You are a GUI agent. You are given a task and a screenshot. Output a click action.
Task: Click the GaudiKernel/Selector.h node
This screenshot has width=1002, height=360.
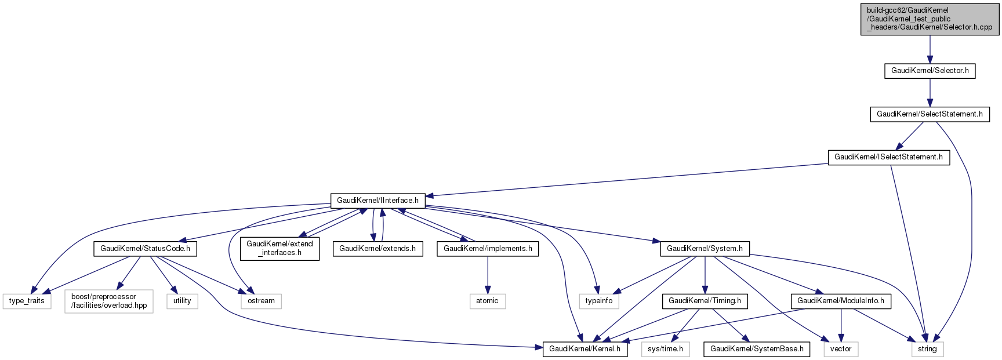pos(930,71)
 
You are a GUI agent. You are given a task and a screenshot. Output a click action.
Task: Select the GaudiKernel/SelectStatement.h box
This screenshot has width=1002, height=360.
pos(930,114)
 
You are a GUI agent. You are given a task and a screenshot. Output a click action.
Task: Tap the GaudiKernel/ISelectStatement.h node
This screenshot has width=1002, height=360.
pos(888,157)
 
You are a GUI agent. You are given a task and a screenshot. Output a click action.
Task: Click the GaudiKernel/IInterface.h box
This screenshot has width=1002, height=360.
pos(377,201)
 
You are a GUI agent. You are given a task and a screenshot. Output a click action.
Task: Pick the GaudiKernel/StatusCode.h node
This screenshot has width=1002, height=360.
pos(145,249)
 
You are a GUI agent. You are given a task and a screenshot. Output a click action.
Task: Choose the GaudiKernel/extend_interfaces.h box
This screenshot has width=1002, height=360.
pos(279,248)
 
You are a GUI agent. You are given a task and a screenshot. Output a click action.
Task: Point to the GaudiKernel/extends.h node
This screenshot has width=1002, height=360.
pos(377,249)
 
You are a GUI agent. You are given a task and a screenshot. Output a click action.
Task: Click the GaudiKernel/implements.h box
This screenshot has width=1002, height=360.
pos(488,249)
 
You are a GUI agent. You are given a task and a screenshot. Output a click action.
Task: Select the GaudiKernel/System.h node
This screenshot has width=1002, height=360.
pos(705,249)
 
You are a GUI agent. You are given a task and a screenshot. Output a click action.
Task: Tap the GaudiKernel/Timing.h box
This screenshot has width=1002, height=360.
pos(705,301)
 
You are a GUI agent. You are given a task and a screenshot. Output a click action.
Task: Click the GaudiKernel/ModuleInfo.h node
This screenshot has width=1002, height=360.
pos(841,301)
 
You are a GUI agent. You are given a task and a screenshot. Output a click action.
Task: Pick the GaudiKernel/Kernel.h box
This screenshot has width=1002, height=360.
pos(584,349)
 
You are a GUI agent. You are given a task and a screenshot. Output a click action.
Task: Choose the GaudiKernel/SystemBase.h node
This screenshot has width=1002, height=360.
pos(757,349)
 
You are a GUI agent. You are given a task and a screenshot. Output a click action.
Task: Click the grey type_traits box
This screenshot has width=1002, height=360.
pos(27,301)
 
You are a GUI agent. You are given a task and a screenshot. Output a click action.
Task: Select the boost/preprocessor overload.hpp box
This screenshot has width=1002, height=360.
pos(109,301)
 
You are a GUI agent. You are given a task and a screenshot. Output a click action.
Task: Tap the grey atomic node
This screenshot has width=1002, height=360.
pos(487,301)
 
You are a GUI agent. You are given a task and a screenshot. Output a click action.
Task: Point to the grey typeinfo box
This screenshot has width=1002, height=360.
pos(599,301)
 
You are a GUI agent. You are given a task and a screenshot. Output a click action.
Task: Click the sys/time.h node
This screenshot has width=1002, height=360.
pos(665,349)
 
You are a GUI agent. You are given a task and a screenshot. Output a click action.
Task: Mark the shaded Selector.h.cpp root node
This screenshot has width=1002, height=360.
pos(930,19)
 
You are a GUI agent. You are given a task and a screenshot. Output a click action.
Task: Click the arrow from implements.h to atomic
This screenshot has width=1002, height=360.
pos(488,275)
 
